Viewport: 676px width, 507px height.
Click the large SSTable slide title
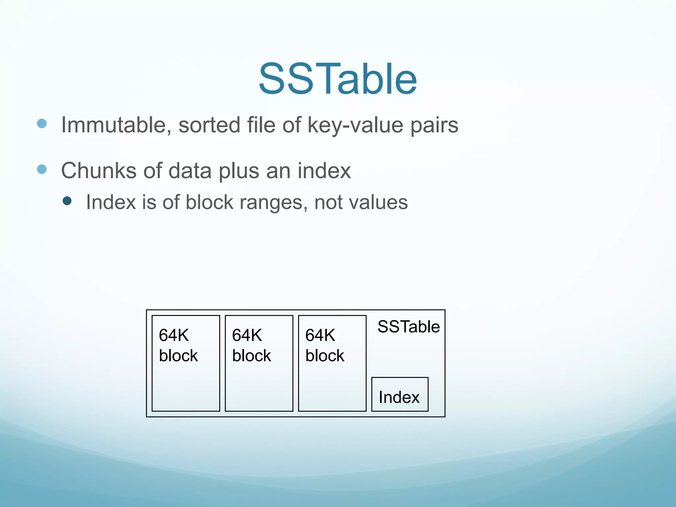pos(338,79)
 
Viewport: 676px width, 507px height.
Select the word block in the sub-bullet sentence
pos(209,202)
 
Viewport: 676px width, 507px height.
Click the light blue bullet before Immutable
pos(42,124)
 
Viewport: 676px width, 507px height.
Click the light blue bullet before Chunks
pos(42,169)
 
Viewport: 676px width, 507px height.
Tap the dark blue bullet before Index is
pos(67,201)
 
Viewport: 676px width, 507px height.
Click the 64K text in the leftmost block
pos(174,335)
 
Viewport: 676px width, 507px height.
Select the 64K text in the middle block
pos(247,335)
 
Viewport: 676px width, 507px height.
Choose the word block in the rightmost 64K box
pos(324,356)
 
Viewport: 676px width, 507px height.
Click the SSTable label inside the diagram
pos(408,327)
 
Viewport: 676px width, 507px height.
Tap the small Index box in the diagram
pos(399,394)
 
